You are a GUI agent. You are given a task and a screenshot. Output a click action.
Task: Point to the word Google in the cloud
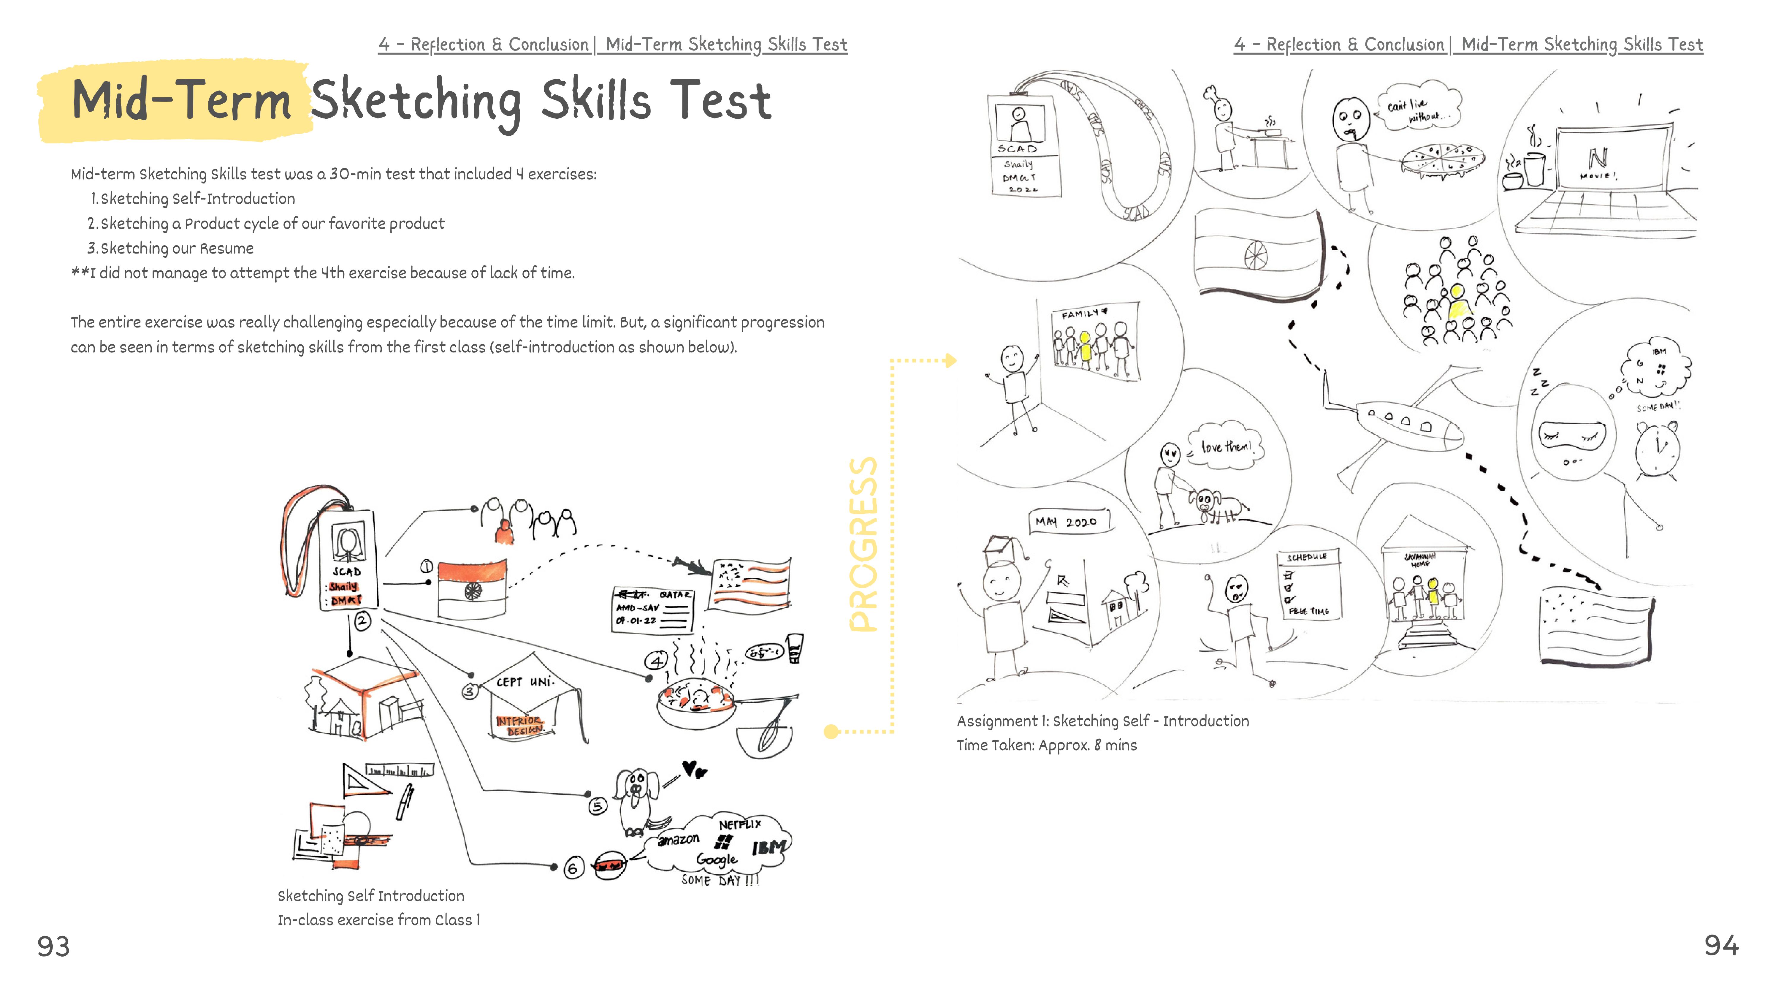pos(716,859)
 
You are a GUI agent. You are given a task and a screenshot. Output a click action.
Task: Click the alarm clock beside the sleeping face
pos(1658,448)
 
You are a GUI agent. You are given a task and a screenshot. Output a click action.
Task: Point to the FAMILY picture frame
pos(1094,341)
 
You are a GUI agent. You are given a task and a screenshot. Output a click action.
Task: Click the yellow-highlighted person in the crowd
pos(1457,302)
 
